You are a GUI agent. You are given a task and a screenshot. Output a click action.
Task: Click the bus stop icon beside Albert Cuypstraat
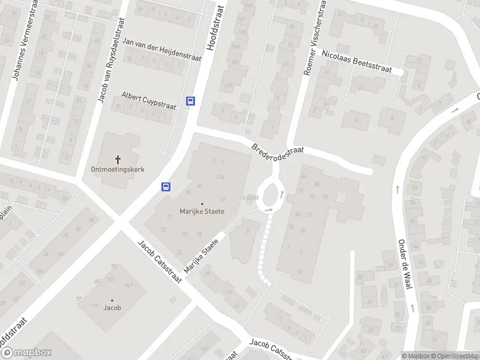point(191,101)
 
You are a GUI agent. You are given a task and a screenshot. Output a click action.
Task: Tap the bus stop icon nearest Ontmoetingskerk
point(166,187)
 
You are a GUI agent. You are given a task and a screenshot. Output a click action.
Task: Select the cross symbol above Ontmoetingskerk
point(118,159)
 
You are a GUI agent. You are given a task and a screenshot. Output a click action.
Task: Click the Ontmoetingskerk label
point(118,170)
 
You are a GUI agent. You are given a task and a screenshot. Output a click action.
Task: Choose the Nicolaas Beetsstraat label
point(356,61)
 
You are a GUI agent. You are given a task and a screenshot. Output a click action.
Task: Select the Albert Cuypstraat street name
point(148,101)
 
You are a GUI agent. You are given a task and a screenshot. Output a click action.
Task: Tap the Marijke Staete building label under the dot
point(202,212)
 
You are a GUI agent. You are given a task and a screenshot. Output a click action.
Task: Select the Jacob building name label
point(112,308)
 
